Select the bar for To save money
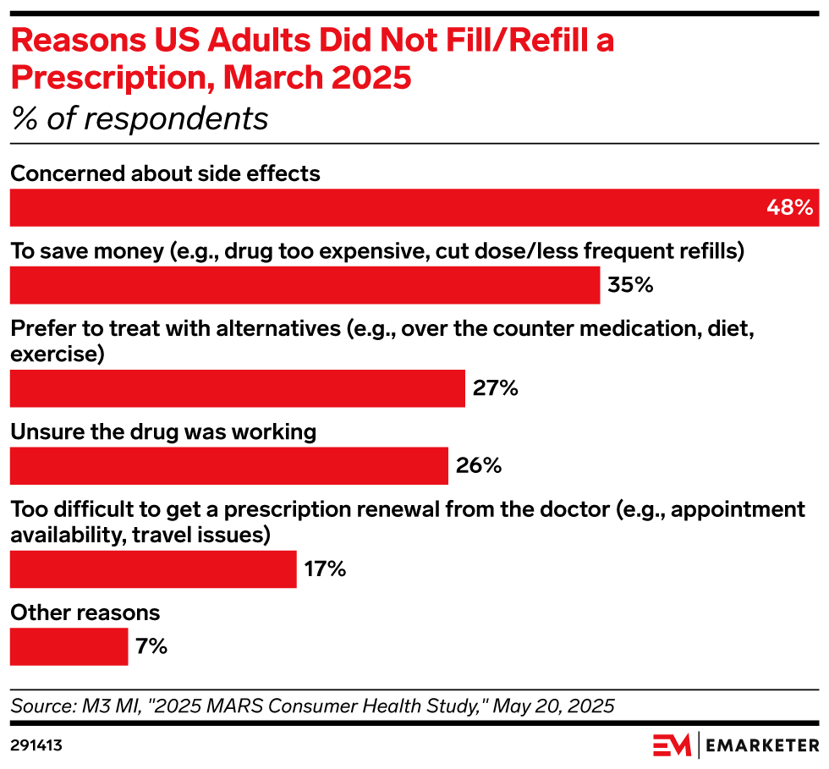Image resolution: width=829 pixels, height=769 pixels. pyautogui.click(x=305, y=285)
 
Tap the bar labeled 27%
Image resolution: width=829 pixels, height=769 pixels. pyautogui.click(x=237, y=388)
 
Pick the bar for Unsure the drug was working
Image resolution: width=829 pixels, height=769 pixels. pyautogui.click(x=228, y=466)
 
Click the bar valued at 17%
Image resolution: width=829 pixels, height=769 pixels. pyautogui.click(x=153, y=569)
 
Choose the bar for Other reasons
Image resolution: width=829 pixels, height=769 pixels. pyautogui.click(x=69, y=647)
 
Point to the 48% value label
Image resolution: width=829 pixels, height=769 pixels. pyautogui.click(x=789, y=208)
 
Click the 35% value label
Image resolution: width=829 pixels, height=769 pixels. pyautogui.click(x=630, y=285)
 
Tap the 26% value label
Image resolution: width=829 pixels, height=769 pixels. pyautogui.click(x=479, y=466)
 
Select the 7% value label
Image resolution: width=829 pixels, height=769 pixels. pyautogui.click(x=151, y=647)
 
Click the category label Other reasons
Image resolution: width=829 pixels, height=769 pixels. pyautogui.click(x=85, y=612)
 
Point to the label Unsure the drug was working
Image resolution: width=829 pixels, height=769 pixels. pyautogui.click(x=163, y=431)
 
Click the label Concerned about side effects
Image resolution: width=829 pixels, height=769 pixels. pyautogui.click(x=165, y=174)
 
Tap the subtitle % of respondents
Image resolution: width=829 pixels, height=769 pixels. pyautogui.click(x=140, y=118)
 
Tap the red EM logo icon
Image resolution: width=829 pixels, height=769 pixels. pyautogui.click(x=672, y=745)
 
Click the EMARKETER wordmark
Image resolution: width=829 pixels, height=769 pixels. pyautogui.click(x=761, y=745)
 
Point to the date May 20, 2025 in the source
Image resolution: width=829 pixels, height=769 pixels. pyautogui.click(x=553, y=706)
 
